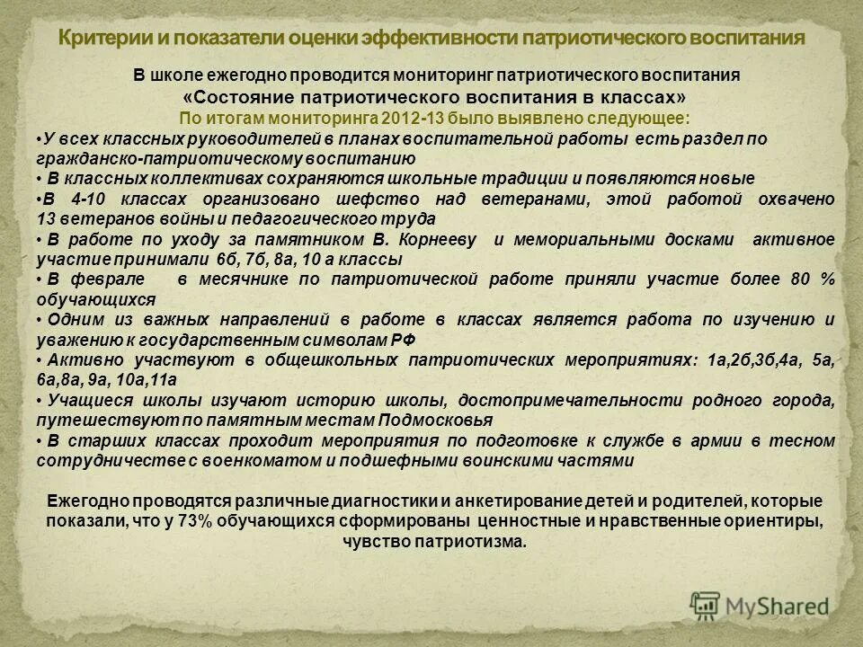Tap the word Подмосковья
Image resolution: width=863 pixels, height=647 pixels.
tap(432, 420)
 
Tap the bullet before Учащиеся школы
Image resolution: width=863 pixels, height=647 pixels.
tap(40, 400)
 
